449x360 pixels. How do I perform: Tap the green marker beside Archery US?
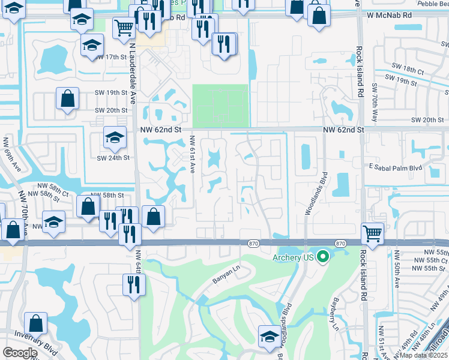[x=323, y=257]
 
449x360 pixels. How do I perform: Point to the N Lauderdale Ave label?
[x=131, y=72]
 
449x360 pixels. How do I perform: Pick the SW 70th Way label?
[x=374, y=101]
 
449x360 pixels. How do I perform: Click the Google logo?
[x=20, y=353]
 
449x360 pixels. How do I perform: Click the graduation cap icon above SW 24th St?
[x=114, y=138]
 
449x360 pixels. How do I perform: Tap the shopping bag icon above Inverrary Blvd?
[x=36, y=323]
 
